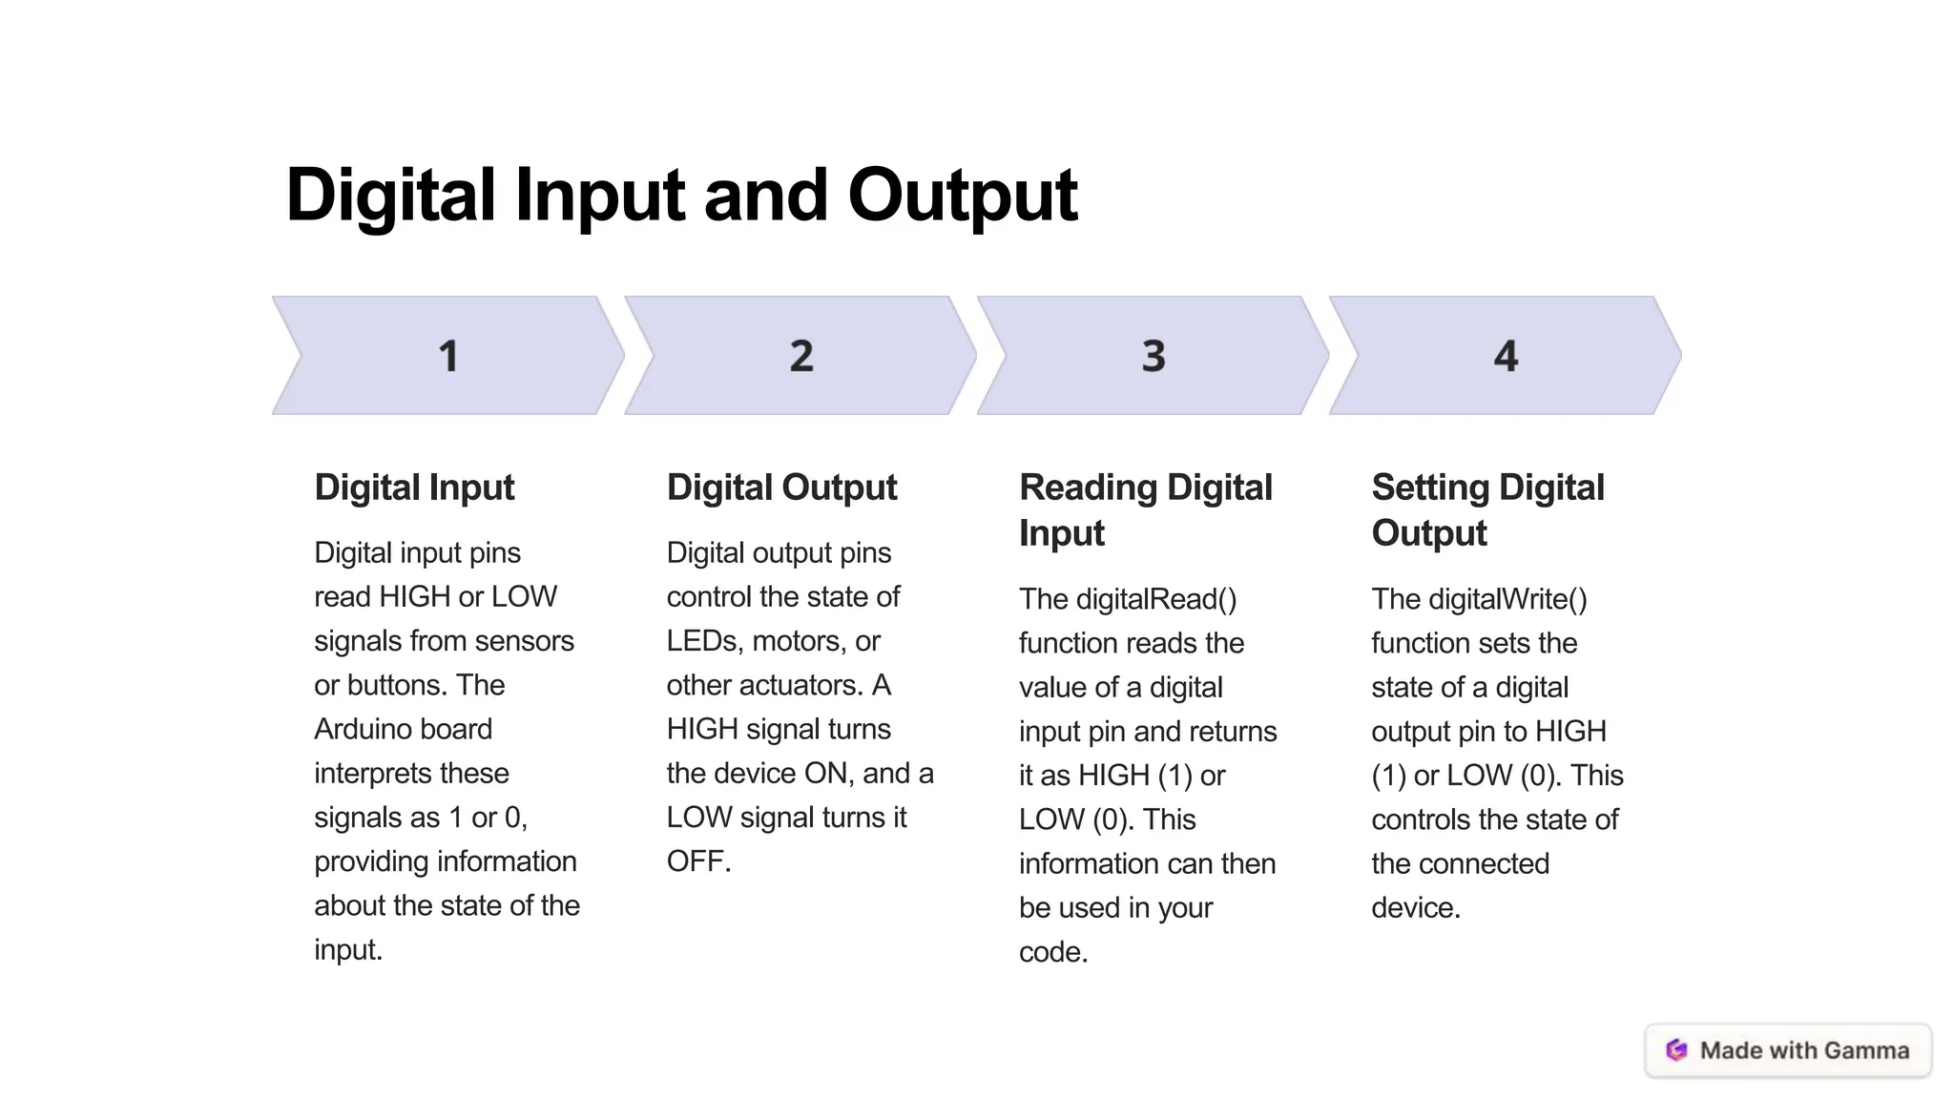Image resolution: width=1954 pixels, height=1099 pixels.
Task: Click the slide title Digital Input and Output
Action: [681, 196]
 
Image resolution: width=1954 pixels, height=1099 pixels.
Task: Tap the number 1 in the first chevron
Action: [448, 356]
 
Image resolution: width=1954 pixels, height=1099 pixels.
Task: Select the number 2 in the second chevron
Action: [801, 356]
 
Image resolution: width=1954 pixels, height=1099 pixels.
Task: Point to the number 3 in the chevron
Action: [1154, 356]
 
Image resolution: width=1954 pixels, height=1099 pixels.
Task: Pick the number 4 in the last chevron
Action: [1506, 356]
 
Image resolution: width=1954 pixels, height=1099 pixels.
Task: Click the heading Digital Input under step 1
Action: [414, 487]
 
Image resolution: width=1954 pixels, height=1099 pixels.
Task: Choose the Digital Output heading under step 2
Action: [781, 487]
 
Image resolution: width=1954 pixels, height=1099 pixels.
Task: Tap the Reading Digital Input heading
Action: [1145, 509]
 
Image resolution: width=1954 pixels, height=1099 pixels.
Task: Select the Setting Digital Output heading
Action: [1487, 509]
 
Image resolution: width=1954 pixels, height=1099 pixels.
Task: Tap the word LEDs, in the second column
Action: [704, 641]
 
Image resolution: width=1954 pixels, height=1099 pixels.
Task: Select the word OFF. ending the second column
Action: [698, 861]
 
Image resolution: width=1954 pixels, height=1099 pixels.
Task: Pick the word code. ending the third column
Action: [1053, 952]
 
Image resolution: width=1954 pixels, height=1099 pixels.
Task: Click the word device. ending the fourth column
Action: [1416, 907]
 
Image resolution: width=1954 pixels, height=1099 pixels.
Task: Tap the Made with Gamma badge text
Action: [1804, 1050]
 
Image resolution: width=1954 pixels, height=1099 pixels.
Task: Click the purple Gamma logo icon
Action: [1676, 1050]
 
